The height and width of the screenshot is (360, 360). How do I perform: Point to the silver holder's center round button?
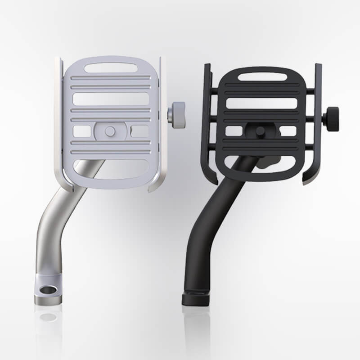pyautogui.click(x=110, y=131)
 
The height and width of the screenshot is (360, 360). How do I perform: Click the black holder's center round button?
pyautogui.click(x=261, y=131)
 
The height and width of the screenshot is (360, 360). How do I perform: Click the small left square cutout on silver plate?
pyautogui.click(x=82, y=131)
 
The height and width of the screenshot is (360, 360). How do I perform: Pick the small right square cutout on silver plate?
pyautogui.click(x=139, y=131)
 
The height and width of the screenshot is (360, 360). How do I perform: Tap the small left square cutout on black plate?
pyautogui.click(x=234, y=131)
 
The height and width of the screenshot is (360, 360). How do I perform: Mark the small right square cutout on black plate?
pyautogui.click(x=288, y=131)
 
